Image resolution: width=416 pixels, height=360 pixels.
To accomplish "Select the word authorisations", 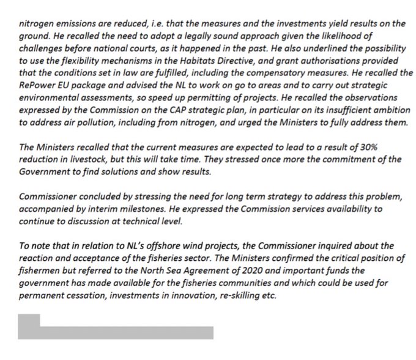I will click(340, 63).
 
